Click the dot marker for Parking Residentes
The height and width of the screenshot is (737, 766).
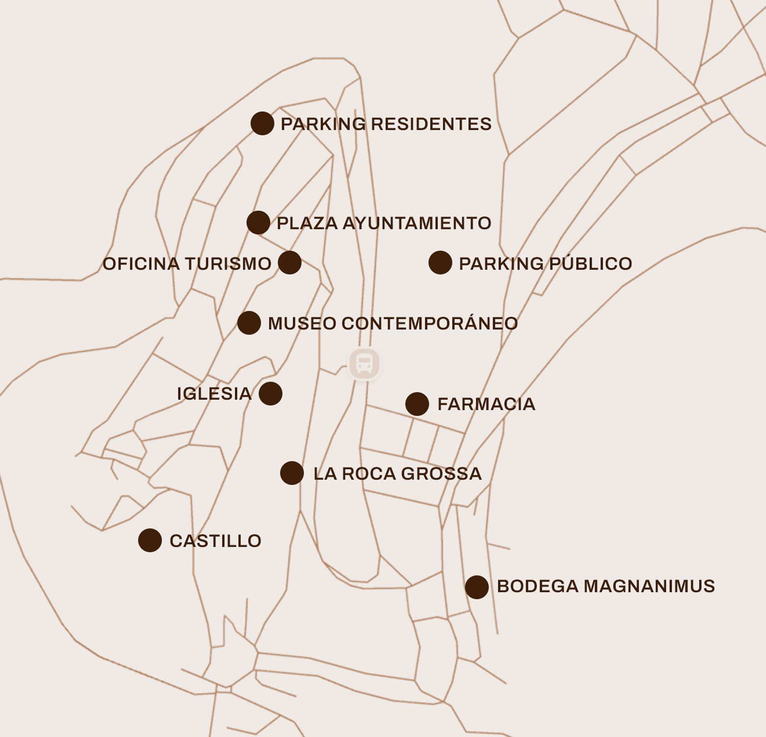[x=262, y=123]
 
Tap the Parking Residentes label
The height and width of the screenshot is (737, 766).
[x=386, y=124]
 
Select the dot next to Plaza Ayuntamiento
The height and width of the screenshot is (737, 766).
[x=258, y=223]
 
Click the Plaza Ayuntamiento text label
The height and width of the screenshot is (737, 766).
[x=384, y=223]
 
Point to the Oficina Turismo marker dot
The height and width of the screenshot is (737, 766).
[x=290, y=263]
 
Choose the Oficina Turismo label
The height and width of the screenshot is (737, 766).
[x=187, y=264]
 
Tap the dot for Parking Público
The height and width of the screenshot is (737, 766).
[x=440, y=263]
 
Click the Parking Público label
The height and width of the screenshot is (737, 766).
[x=545, y=263]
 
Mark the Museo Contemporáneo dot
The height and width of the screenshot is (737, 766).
[x=249, y=323]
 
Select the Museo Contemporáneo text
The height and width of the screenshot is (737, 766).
[x=393, y=323]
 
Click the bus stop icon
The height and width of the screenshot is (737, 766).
[x=364, y=364]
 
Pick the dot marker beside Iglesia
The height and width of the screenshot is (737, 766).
[x=271, y=394]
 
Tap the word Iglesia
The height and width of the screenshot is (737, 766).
[x=214, y=394]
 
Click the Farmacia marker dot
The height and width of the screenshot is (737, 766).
[x=417, y=404]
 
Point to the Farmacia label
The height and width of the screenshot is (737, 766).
[x=486, y=404]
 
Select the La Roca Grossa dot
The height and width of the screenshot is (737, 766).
[x=292, y=473]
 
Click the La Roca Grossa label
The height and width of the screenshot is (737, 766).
[x=397, y=474]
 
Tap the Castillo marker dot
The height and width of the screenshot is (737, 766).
[x=150, y=540]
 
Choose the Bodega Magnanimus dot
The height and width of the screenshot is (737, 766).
[x=477, y=587]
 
